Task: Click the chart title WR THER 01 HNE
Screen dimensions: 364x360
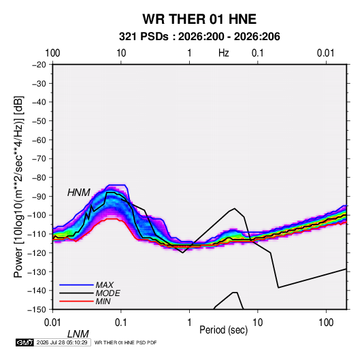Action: click(199, 19)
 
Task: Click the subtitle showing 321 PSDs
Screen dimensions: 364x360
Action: click(199, 37)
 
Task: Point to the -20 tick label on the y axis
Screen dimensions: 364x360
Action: click(39, 65)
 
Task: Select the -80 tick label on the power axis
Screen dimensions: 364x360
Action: click(39, 178)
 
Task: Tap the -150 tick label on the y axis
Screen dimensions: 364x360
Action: click(37, 310)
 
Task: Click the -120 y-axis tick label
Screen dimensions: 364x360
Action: click(37, 252)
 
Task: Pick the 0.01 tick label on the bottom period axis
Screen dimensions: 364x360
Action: click(52, 323)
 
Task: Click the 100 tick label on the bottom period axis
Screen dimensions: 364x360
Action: click(326, 323)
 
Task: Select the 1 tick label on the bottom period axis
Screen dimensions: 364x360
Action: click(189, 323)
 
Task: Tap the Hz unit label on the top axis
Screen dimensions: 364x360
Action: click(224, 53)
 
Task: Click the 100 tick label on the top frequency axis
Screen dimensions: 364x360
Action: click(52, 53)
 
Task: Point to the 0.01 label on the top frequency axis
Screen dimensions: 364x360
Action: click(325, 53)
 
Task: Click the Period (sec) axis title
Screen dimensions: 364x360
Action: click(224, 330)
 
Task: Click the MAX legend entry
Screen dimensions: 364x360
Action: click(105, 284)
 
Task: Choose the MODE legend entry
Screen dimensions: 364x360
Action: click(108, 293)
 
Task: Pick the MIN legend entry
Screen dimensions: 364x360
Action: click(103, 301)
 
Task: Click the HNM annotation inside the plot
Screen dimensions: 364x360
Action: click(79, 193)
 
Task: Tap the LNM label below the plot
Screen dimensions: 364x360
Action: click(78, 334)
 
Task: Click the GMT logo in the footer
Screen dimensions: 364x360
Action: click(25, 342)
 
